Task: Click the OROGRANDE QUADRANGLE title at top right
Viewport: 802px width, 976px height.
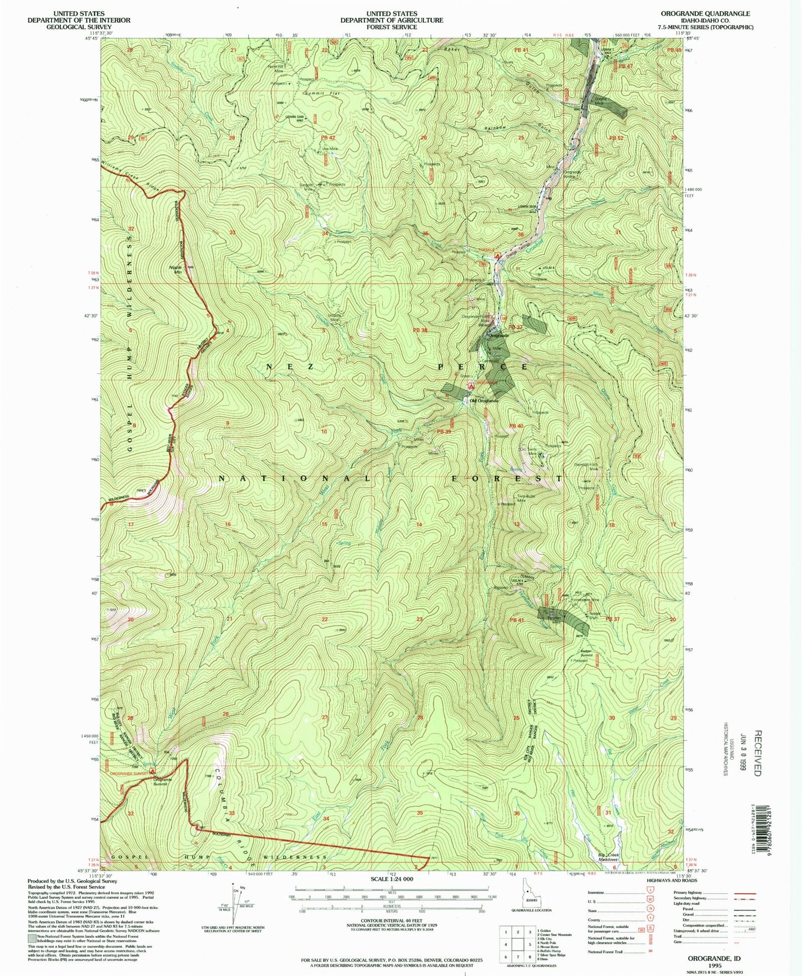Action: [705, 13]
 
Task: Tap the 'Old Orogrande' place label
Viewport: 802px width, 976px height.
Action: [484, 401]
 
